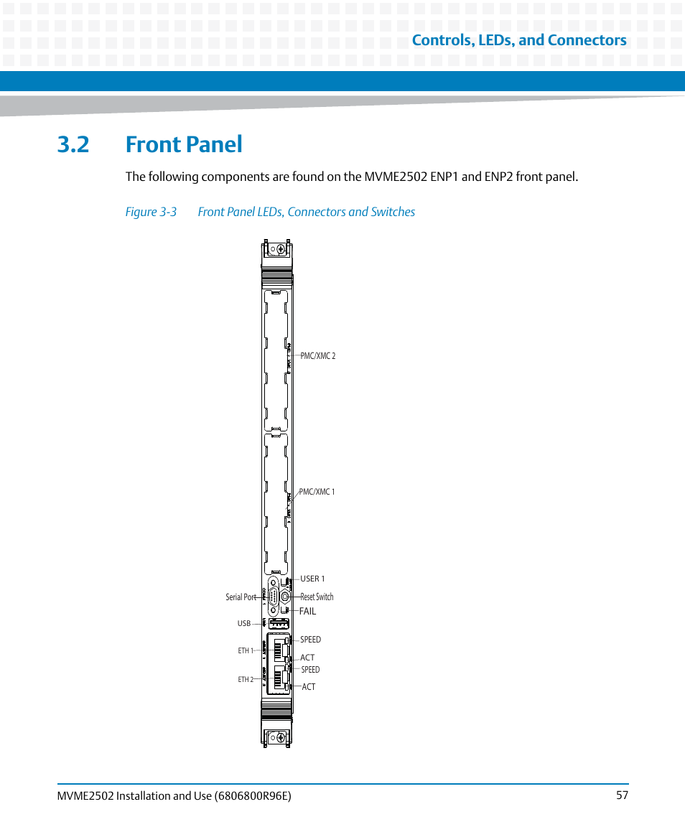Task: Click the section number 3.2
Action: point(73,144)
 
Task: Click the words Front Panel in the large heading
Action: point(184,144)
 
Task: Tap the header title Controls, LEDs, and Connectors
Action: point(518,40)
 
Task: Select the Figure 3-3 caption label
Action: point(151,212)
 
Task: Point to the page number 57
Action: point(622,795)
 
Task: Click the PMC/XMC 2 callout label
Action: point(317,356)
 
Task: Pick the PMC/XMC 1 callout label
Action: point(317,492)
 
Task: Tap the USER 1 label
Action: point(312,579)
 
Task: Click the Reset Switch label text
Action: point(317,597)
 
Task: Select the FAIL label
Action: point(307,612)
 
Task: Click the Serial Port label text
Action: point(241,597)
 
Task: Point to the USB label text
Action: point(244,624)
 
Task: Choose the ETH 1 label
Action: point(246,650)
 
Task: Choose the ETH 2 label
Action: point(246,679)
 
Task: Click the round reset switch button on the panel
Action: point(285,596)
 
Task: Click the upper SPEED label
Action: point(310,640)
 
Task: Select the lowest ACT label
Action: point(309,687)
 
